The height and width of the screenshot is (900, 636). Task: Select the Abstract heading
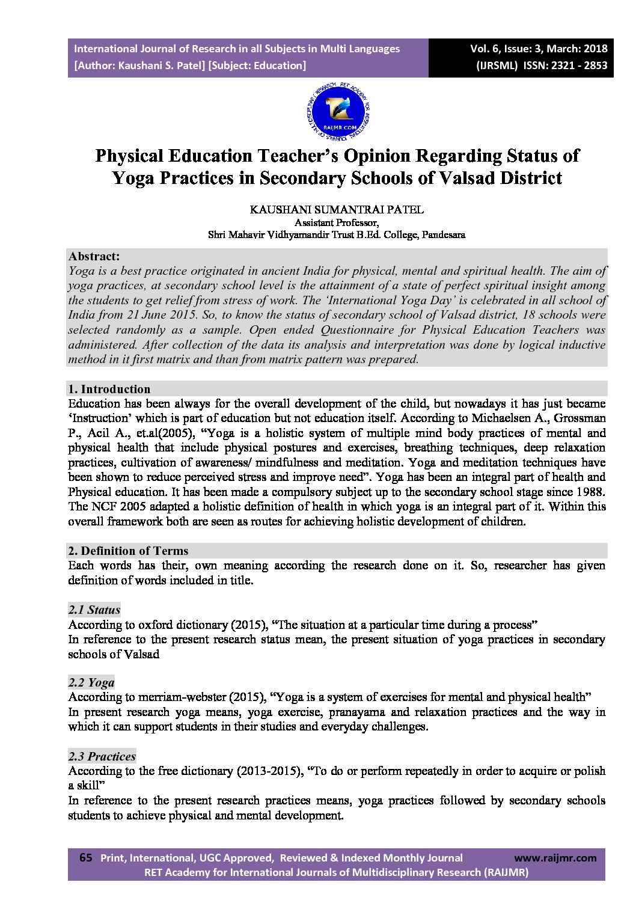tap(94, 256)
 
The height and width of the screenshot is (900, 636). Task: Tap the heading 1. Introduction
tap(109, 389)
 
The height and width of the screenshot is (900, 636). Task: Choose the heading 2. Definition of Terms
tap(128, 551)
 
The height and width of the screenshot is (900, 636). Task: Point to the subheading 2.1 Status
tap(94, 610)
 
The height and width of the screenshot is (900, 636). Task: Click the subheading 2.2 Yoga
tap(91, 682)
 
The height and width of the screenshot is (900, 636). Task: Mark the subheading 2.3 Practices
tap(102, 756)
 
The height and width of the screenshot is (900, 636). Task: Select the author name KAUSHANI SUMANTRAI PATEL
tap(337, 210)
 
